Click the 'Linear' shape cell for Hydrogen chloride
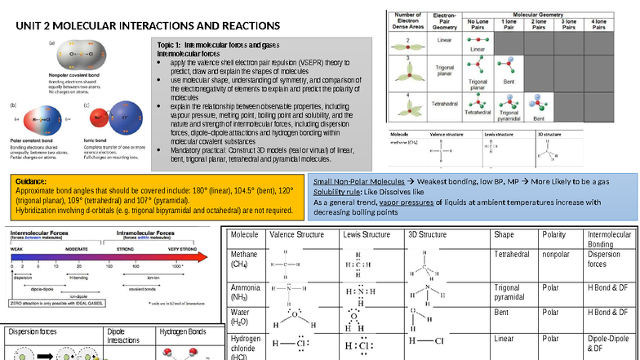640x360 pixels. point(504,338)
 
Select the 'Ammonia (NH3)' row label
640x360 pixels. point(246,293)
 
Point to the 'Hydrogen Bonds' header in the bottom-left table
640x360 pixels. point(183,332)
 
